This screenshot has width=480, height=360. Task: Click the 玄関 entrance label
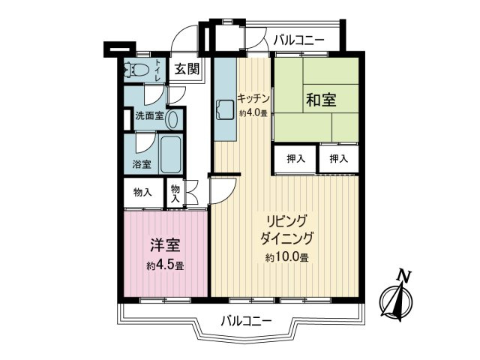tap(187, 70)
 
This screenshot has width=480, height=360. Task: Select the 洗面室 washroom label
tap(148, 117)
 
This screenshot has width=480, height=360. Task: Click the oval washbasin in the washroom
tap(173, 118)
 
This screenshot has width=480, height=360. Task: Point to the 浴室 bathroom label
tap(142, 164)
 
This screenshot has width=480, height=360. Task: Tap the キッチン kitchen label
tap(253, 97)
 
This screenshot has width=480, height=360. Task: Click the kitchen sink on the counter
tap(223, 109)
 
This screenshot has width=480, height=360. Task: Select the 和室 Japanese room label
tap(320, 100)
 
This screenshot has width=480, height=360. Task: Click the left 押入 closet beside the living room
tap(295, 158)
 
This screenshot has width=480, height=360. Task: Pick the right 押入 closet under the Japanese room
tap(338, 158)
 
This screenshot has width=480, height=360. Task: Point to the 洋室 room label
tap(165, 244)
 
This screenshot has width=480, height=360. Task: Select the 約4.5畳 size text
tap(165, 265)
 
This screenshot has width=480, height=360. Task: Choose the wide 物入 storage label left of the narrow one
tap(142, 192)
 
